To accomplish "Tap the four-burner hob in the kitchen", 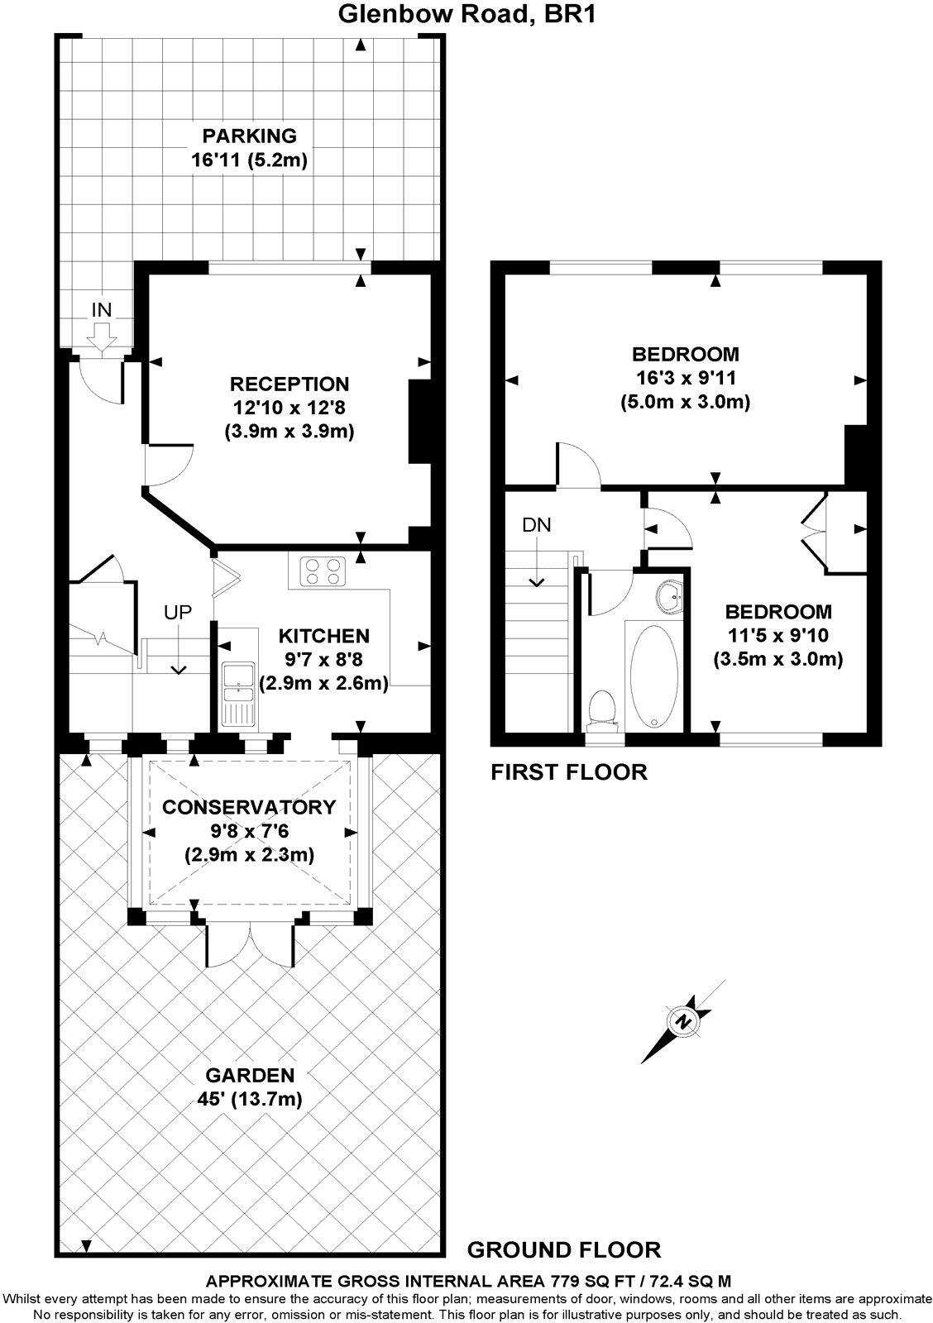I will click(323, 571).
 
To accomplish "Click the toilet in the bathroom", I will click(603, 709).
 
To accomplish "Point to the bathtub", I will click(653, 674).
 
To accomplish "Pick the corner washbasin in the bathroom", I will click(671, 595).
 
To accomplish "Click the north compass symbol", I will click(683, 1021).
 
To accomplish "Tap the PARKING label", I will click(250, 136).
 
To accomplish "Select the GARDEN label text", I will click(250, 1075).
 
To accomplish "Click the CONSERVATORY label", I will click(249, 807).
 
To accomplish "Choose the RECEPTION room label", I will click(289, 384).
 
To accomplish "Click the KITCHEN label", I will click(323, 636).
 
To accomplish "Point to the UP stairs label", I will click(178, 613).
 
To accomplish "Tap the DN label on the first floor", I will click(536, 525).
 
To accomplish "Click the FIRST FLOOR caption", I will click(569, 772).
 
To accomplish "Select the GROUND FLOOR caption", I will click(564, 1249).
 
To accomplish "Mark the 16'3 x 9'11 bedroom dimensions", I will click(685, 379).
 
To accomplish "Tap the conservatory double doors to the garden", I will click(250, 943).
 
